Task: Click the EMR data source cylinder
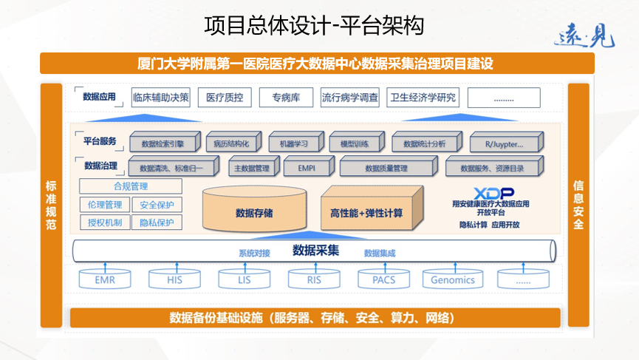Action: (104, 279)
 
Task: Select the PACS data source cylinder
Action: (383, 279)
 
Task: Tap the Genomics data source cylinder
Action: (453, 279)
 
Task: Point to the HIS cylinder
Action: (174, 279)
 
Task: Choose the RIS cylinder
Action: (314, 279)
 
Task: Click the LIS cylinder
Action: (244, 279)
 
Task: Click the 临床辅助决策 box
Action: (160, 97)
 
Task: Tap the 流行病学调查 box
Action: (350, 97)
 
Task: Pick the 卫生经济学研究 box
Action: (423, 97)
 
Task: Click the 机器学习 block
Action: (289, 143)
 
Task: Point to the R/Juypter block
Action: (508, 143)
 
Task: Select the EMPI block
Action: (307, 167)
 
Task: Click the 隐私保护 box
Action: (157, 223)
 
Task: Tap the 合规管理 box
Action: (131, 186)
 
